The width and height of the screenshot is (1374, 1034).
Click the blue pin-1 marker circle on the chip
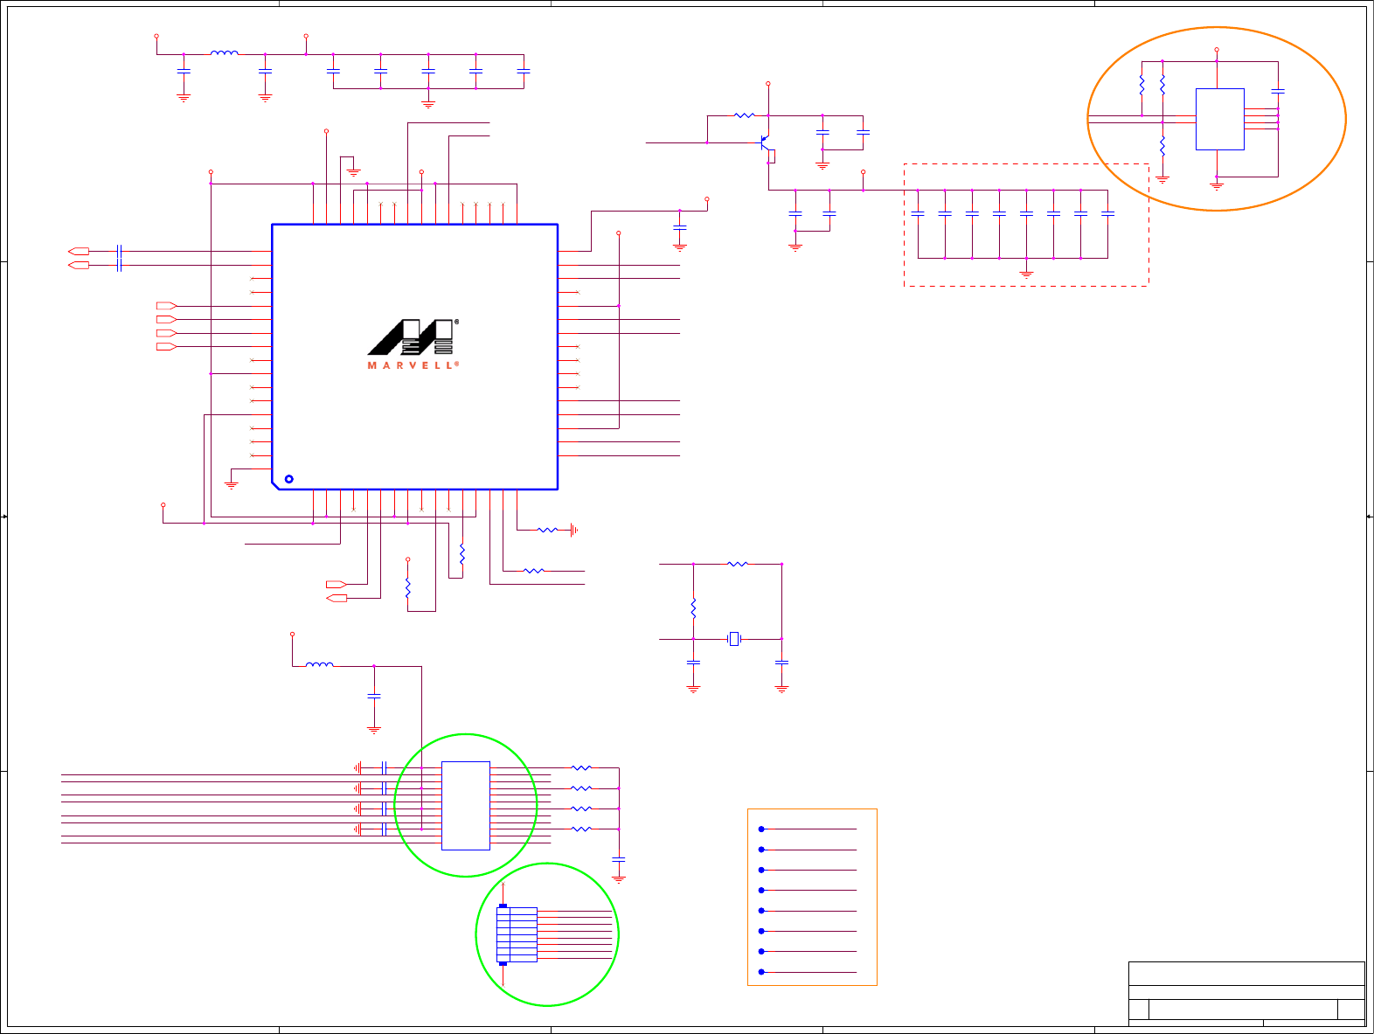pyautogui.click(x=289, y=479)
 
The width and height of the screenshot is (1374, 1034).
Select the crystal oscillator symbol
pyautogui.click(x=734, y=639)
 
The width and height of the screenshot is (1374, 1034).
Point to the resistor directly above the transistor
pyautogui.click(x=744, y=115)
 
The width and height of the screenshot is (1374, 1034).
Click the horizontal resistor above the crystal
pyautogui.click(x=738, y=564)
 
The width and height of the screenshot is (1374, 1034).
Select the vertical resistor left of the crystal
pyautogui.click(x=693, y=607)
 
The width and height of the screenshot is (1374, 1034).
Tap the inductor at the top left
pyautogui.click(x=224, y=53)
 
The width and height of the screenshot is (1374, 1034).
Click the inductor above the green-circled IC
pyautogui.click(x=319, y=666)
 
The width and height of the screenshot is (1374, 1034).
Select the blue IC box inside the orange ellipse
pyautogui.click(x=1219, y=119)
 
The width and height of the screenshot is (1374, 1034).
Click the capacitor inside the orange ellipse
pyautogui.click(x=1278, y=91)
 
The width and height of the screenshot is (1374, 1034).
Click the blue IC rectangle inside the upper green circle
pyautogui.click(x=465, y=805)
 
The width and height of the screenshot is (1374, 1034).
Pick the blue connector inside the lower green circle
pyautogui.click(x=516, y=934)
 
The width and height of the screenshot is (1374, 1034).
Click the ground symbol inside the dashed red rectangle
pyautogui.click(x=1026, y=274)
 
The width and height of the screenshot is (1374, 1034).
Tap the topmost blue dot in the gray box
pyautogui.click(x=761, y=829)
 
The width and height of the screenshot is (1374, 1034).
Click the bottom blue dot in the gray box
pyautogui.click(x=761, y=972)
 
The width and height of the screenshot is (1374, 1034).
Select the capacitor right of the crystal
pyautogui.click(x=781, y=663)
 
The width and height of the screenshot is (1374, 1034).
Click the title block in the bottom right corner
pyautogui.click(x=1246, y=993)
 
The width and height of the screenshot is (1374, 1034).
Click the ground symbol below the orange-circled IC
pyautogui.click(x=1216, y=185)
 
